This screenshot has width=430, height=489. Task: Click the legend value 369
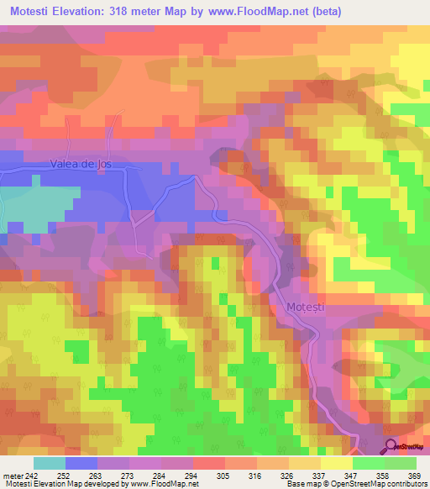[414, 476]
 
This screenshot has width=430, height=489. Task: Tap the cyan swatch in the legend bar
[49, 463]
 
